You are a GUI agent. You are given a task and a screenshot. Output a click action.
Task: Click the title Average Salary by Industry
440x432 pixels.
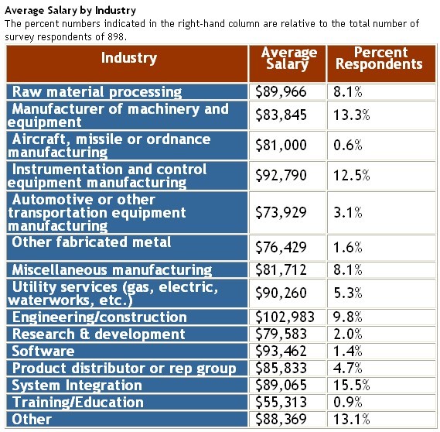[x=70, y=10]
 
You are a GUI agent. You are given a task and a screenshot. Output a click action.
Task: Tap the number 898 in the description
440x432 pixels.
[x=116, y=37]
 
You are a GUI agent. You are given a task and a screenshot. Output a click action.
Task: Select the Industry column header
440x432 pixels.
[x=129, y=58]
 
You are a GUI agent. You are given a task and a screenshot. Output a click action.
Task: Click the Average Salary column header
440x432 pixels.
[x=288, y=58]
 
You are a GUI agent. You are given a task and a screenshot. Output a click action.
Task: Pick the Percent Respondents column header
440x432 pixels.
[x=379, y=58]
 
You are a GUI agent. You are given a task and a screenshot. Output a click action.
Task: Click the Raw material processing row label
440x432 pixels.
[x=97, y=92]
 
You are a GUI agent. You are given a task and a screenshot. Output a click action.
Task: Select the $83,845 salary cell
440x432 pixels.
[x=281, y=115]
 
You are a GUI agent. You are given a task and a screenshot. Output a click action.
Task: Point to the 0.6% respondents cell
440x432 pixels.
[x=348, y=146]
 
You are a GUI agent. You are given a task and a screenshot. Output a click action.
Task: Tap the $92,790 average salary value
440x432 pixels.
[x=281, y=175]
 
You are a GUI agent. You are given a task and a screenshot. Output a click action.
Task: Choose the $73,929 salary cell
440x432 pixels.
[x=281, y=212]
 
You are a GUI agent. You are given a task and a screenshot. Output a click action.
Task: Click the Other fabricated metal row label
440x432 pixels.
[x=91, y=242]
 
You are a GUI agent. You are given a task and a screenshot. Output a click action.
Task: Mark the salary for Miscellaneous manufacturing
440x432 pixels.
[x=281, y=269]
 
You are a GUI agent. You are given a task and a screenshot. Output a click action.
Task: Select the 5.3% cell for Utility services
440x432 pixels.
[x=348, y=293]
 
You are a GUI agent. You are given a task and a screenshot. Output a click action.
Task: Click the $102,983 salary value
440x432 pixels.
[x=285, y=317]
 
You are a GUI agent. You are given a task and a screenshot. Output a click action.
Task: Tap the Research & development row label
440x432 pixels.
[x=98, y=334]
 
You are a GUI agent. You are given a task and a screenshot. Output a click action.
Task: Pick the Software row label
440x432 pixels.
[x=43, y=351]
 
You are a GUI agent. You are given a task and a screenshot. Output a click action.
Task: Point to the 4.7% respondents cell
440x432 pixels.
[x=348, y=369]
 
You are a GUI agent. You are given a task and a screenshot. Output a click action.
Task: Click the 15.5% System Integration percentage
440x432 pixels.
[x=352, y=385]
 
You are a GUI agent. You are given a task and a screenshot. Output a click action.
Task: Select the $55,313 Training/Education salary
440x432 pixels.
[x=281, y=402]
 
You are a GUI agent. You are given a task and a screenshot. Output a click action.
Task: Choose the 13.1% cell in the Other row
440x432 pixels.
[x=352, y=419]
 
